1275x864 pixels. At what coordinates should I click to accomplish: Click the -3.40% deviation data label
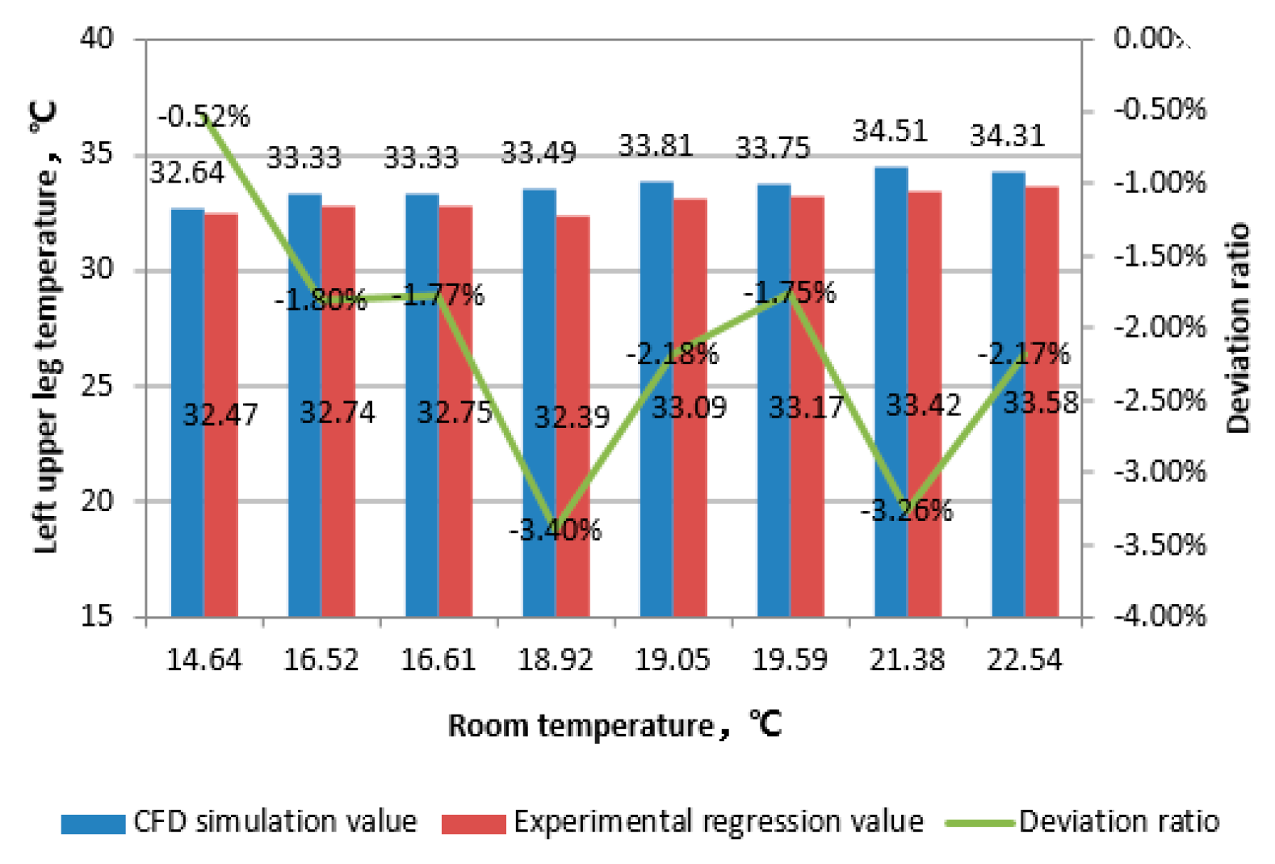(556, 531)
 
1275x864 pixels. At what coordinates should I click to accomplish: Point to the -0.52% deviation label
(203, 116)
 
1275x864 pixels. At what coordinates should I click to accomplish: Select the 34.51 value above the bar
(890, 131)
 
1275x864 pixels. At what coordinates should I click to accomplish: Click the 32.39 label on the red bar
(572, 417)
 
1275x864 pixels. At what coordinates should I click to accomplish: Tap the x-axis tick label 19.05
(672, 660)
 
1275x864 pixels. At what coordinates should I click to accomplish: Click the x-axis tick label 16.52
(321, 660)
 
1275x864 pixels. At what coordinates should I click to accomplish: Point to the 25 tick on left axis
(97, 386)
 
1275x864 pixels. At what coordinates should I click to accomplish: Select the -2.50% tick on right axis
(1160, 400)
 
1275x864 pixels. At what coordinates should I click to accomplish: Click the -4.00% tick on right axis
(1160, 616)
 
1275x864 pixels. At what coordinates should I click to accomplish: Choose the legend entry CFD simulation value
(275, 821)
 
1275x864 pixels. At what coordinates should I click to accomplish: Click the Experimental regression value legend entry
(718, 821)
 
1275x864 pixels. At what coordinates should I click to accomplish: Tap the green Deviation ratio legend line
(979, 823)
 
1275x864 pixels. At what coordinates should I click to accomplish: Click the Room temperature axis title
(614, 725)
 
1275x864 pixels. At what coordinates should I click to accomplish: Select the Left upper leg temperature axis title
(46, 327)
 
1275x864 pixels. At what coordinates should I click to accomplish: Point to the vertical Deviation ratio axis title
(1237, 327)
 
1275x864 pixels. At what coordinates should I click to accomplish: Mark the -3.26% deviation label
(906, 510)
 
